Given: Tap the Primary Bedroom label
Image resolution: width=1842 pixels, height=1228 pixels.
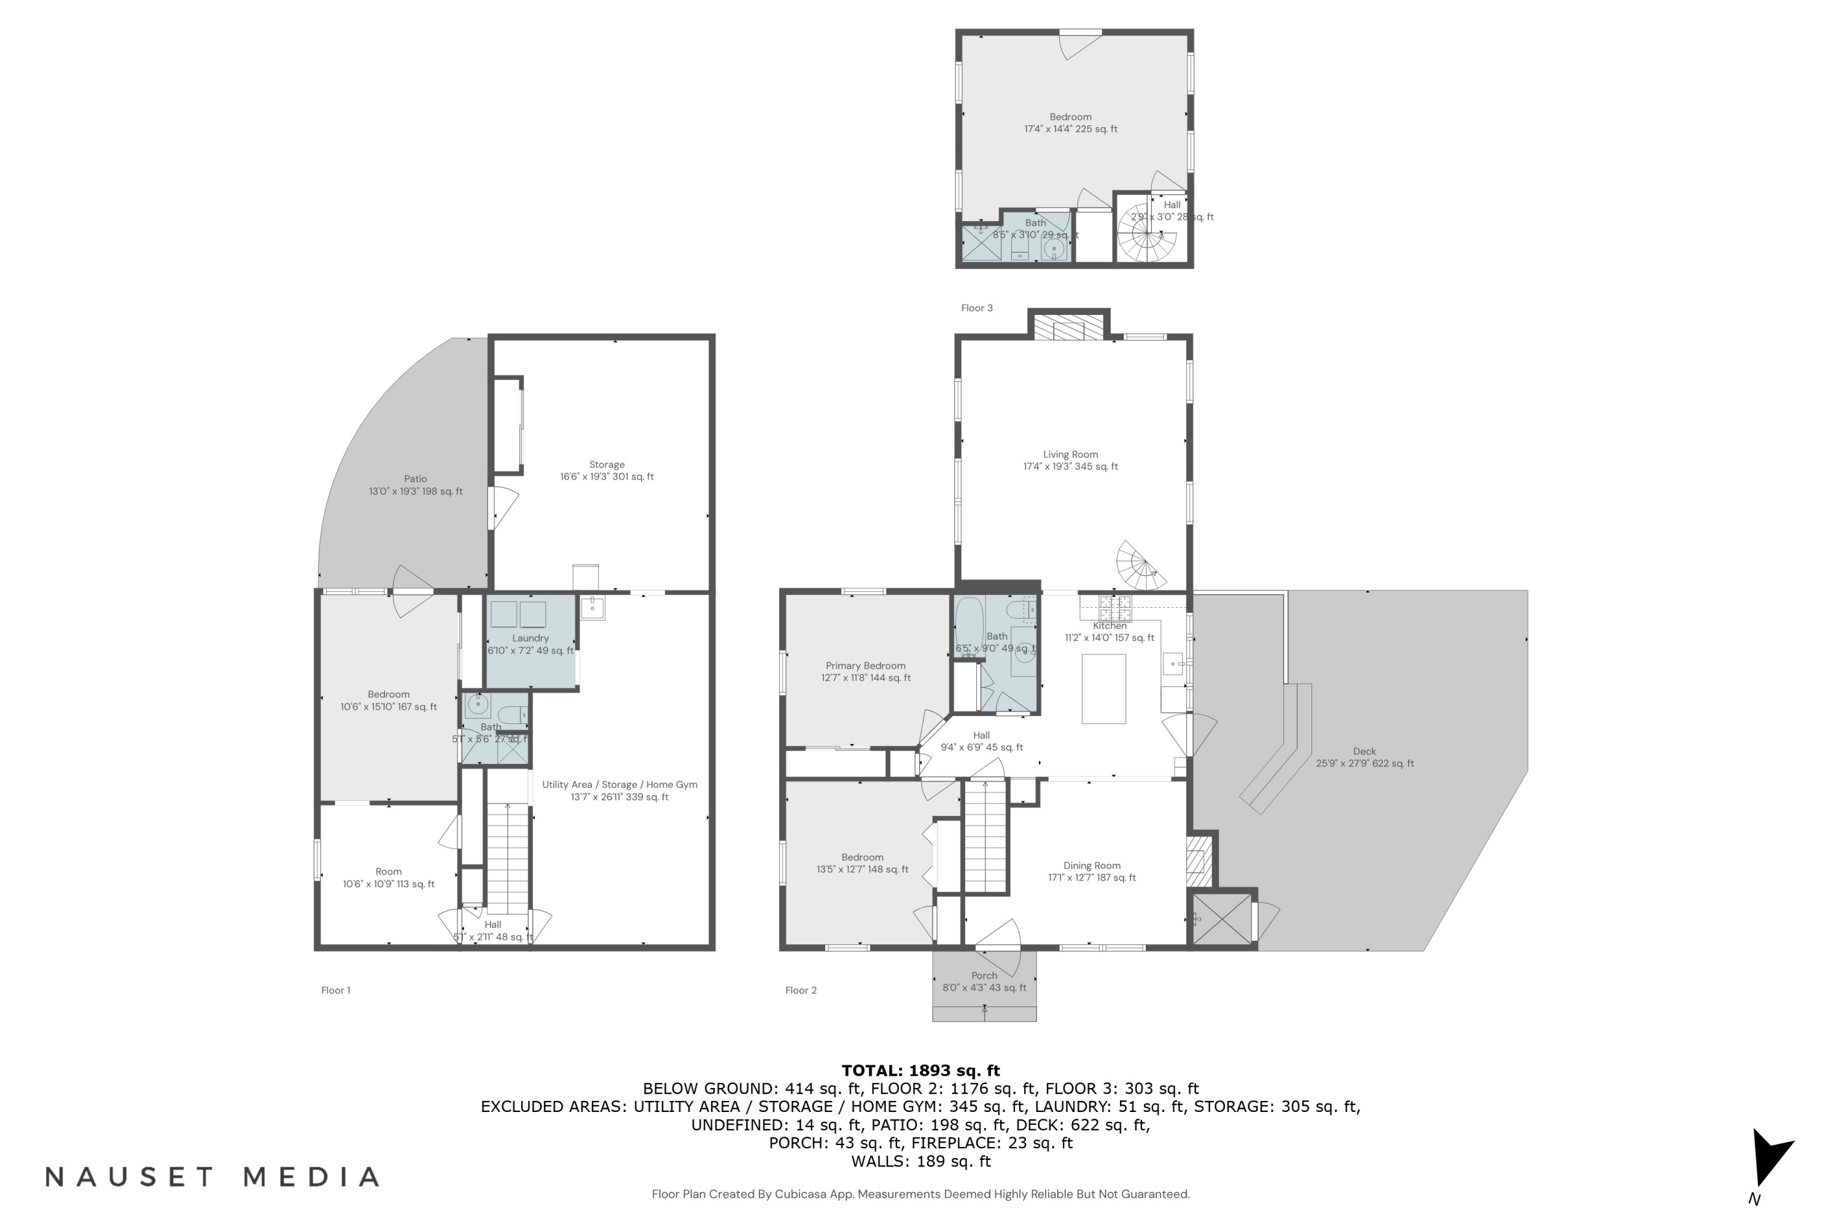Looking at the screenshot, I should pyautogui.click(x=865, y=666).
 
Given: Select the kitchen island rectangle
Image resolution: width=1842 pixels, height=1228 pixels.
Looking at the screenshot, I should pyautogui.click(x=1103, y=688).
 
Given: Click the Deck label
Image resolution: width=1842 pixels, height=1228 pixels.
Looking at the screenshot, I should pyautogui.click(x=1364, y=752).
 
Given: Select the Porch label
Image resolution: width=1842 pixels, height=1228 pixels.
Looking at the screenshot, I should pyautogui.click(x=984, y=976).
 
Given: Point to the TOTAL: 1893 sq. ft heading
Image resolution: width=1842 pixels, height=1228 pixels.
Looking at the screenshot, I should pyautogui.click(x=920, y=1071).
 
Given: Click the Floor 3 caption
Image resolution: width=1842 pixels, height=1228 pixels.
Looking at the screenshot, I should pyautogui.click(x=977, y=308).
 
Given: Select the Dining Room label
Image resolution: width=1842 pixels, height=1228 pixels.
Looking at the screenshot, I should pyautogui.click(x=1092, y=865).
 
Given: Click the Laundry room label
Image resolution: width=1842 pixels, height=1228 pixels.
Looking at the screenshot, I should pyautogui.click(x=530, y=639).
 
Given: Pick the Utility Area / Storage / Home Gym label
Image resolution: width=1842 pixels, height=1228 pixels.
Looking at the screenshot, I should pyautogui.click(x=619, y=785).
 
